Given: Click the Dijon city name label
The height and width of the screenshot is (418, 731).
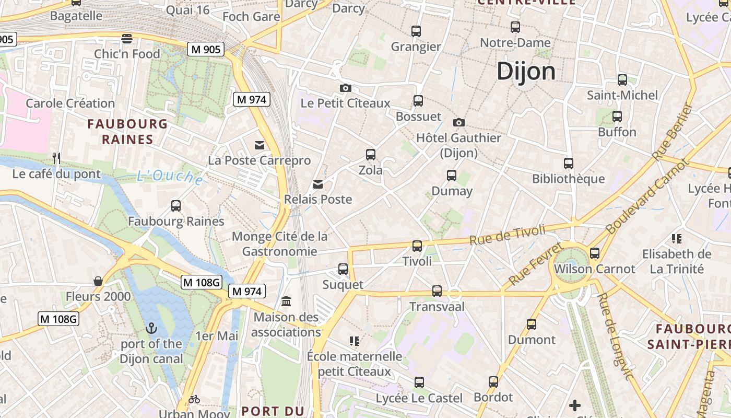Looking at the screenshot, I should click(526, 71).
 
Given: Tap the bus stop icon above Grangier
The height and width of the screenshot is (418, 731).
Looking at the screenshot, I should click(416, 31).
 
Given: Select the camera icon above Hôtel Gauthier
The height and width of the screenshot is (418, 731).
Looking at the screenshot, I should click(459, 122).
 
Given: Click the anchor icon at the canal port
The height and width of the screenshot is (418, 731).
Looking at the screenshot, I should click(151, 328).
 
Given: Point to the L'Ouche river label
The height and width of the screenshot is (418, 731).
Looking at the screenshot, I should click(170, 177).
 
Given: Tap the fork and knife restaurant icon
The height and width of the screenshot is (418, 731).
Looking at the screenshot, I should click(56, 158).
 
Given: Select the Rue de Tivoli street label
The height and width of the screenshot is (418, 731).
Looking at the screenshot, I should click(507, 235).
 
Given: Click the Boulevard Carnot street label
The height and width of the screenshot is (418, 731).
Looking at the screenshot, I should click(646, 197).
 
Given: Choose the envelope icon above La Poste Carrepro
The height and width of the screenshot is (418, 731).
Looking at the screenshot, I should click(260, 145).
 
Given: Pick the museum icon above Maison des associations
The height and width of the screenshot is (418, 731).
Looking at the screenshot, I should click(286, 301).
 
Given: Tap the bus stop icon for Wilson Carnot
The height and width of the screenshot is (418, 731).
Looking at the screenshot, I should click(595, 253).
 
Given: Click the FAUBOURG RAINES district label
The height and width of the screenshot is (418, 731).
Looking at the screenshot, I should click(127, 132).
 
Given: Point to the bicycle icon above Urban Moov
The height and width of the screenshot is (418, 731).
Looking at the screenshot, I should click(194, 399).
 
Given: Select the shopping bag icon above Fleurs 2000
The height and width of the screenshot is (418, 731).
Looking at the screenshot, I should click(98, 281).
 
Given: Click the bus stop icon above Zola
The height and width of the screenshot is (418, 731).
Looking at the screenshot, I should click(371, 155).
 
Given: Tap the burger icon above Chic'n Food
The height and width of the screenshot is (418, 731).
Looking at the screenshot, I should click(127, 38).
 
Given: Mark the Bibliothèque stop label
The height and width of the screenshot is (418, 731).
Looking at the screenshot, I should click(568, 179).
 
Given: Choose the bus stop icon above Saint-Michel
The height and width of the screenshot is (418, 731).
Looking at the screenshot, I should click(622, 80).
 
